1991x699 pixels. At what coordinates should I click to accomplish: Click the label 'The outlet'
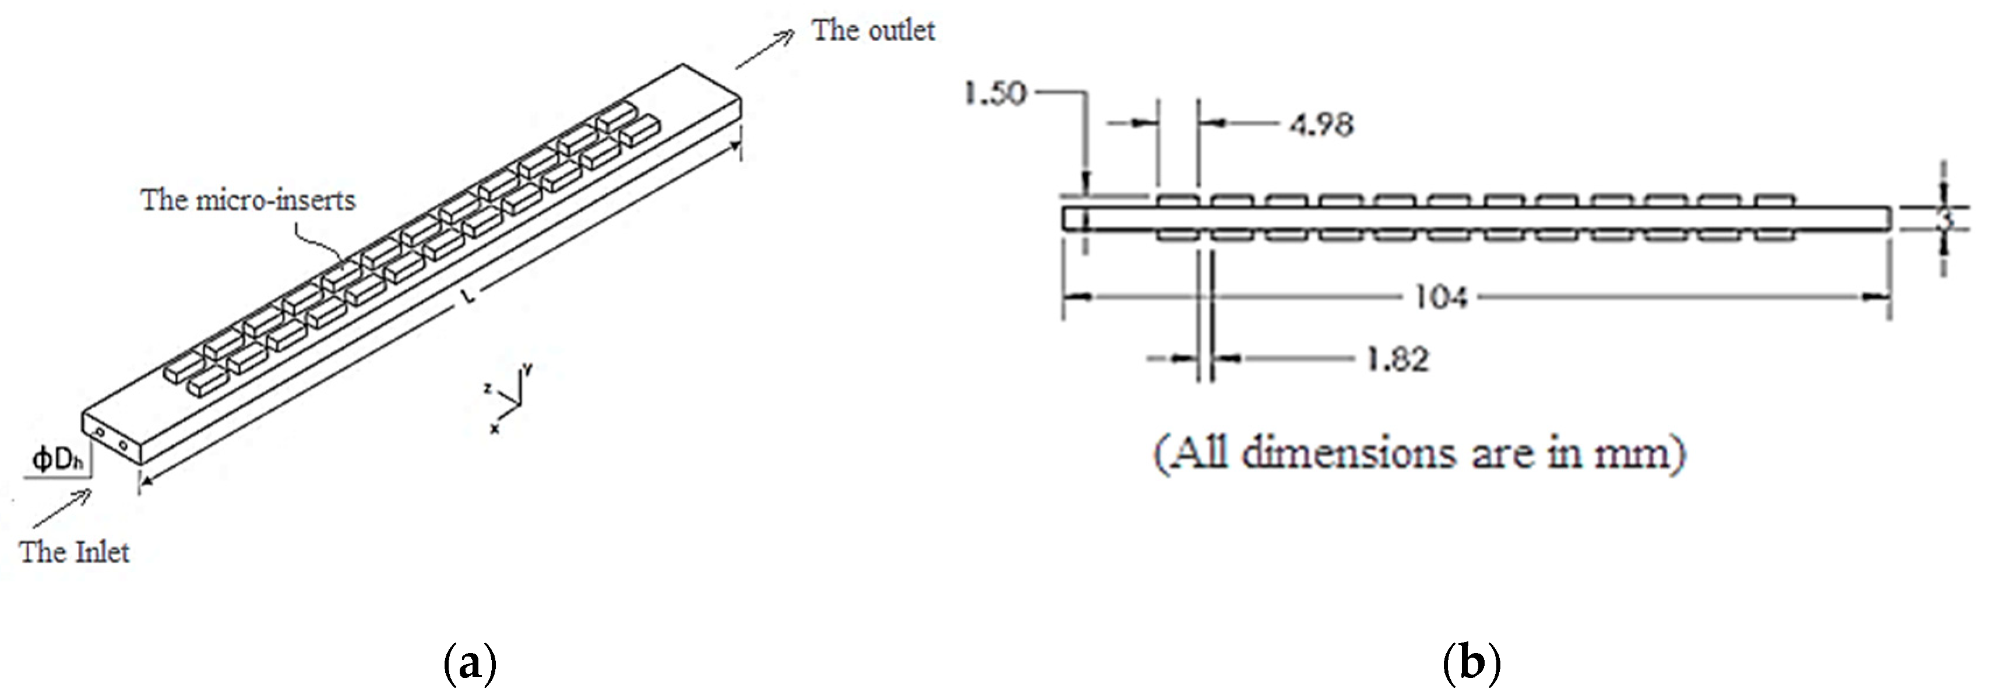(873, 31)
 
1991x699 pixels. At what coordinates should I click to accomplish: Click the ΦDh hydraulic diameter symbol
(57, 460)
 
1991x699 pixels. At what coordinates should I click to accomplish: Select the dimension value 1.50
(995, 94)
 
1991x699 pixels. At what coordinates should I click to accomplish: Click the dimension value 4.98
(1321, 125)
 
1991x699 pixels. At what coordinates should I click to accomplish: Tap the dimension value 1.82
(1397, 360)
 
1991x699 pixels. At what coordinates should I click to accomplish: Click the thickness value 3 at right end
(1946, 219)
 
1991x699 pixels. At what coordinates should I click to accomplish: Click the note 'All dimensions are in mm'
(1419, 454)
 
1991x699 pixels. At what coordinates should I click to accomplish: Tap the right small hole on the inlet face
(122, 444)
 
